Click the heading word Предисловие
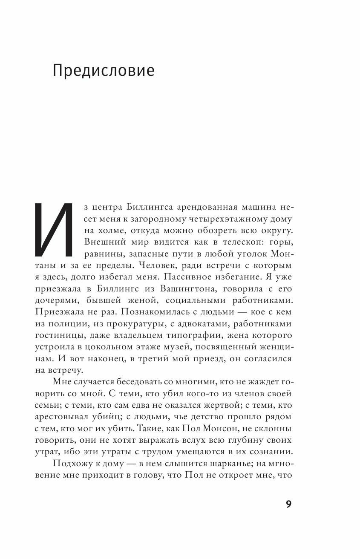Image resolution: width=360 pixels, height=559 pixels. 104,71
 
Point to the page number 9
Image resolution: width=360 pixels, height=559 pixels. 288,504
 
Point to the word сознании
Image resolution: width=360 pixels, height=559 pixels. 270,439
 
